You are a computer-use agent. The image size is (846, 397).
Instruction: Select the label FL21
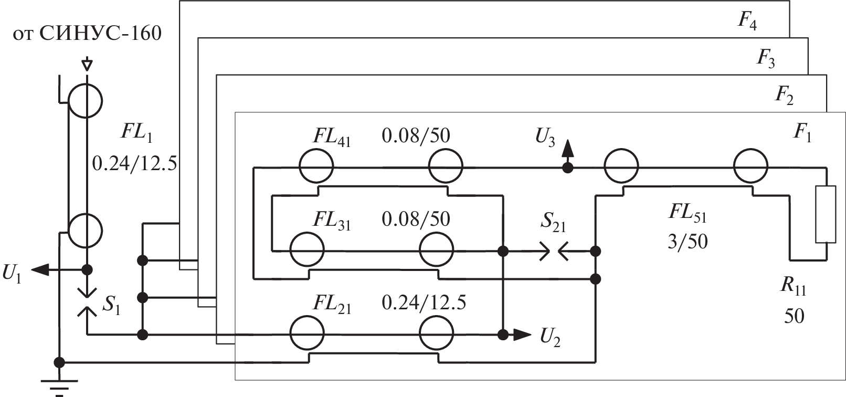pos(332,304)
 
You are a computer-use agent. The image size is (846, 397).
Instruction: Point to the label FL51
pos(688,214)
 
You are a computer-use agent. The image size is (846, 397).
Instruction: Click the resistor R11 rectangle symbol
pos(825,214)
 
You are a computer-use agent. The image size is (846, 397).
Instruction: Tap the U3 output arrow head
pos(567,150)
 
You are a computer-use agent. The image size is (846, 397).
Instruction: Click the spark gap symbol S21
pos(554,252)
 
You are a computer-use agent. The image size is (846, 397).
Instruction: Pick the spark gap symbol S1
pos(87,303)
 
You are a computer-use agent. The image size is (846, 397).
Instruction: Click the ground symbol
pos(59,384)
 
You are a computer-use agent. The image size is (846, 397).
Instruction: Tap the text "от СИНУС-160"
pos(87,35)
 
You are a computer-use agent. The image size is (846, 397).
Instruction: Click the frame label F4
pos(747,22)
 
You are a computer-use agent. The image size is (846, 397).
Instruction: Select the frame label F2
pos(784,95)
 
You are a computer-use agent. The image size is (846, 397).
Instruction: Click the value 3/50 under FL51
pos(688,242)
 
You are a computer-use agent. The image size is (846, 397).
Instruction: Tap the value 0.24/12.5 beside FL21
pos(424,304)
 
